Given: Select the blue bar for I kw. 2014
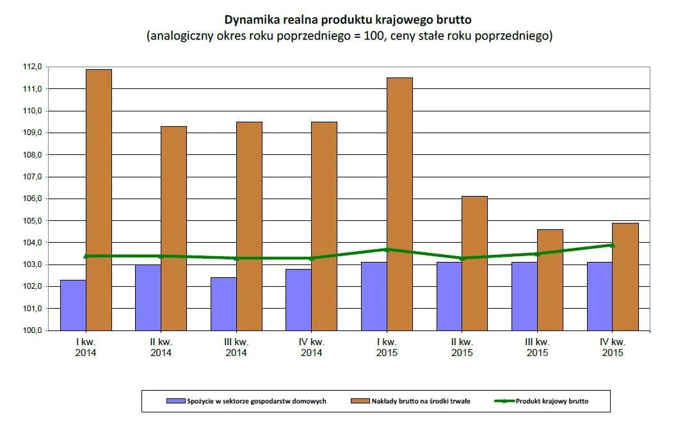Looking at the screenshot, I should pos(73,305).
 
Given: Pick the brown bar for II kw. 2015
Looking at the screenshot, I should pos(474,263).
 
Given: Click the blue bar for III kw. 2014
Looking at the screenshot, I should pos(223,304).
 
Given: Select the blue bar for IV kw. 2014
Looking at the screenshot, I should pos(299,300).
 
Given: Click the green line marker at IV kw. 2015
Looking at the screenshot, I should pos(613,245).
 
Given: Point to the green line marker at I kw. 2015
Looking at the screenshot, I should pos(387,249).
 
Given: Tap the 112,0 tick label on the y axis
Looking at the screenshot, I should pos(33,67).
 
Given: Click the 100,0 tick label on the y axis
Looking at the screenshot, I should pos(33,330).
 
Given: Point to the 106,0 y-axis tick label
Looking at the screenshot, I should pos(33,199).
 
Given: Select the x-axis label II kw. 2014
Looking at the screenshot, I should pos(161,347).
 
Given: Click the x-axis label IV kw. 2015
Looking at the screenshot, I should pos(613,347).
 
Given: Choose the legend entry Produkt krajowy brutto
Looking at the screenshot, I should pos(552,402).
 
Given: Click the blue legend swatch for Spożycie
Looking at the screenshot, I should pos(175,402).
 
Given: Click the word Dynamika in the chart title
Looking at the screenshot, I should pos(250,19).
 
